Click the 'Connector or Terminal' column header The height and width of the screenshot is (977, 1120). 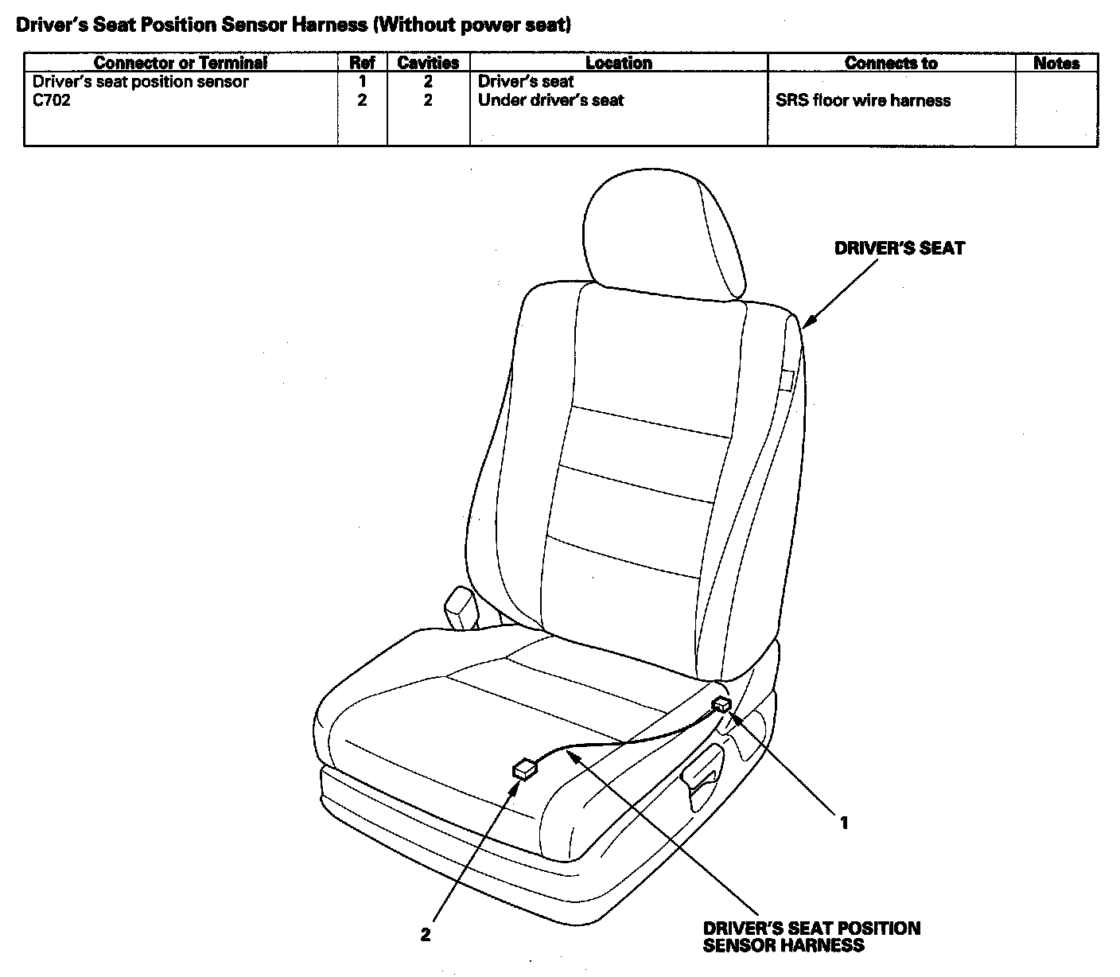click(x=181, y=63)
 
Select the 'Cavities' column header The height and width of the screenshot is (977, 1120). click(x=428, y=63)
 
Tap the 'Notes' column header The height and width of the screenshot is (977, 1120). click(x=1056, y=63)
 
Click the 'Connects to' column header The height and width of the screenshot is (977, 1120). click(x=891, y=63)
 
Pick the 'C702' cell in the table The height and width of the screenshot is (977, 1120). click(x=52, y=100)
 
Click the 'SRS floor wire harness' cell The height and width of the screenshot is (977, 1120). click(x=863, y=100)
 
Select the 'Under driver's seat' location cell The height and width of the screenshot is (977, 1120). click(x=550, y=100)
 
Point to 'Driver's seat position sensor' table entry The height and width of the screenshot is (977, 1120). click(x=141, y=81)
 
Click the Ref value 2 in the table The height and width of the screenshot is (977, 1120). click(x=362, y=100)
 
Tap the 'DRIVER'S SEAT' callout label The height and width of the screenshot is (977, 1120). click(x=899, y=248)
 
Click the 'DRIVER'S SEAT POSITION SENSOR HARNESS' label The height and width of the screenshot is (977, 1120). click(x=811, y=936)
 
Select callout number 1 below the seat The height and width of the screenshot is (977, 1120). click(x=844, y=823)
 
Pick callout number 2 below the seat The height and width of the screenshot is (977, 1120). click(x=426, y=935)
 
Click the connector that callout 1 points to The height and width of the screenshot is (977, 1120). click(x=722, y=705)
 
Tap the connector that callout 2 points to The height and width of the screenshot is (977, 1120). click(x=525, y=769)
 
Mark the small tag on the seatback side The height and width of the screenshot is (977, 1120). click(x=787, y=380)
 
